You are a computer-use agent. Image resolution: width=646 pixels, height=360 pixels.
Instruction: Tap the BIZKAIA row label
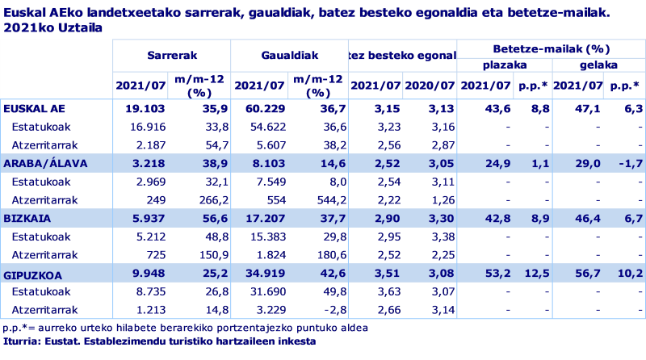(27, 218)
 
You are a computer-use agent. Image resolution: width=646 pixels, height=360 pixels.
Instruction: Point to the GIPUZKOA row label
(33, 274)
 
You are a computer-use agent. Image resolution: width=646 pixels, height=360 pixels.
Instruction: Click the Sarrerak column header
(172, 55)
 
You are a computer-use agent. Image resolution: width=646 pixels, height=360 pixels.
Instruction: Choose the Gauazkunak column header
(290, 55)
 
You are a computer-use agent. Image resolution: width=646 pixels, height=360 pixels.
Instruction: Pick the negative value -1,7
(627, 163)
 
